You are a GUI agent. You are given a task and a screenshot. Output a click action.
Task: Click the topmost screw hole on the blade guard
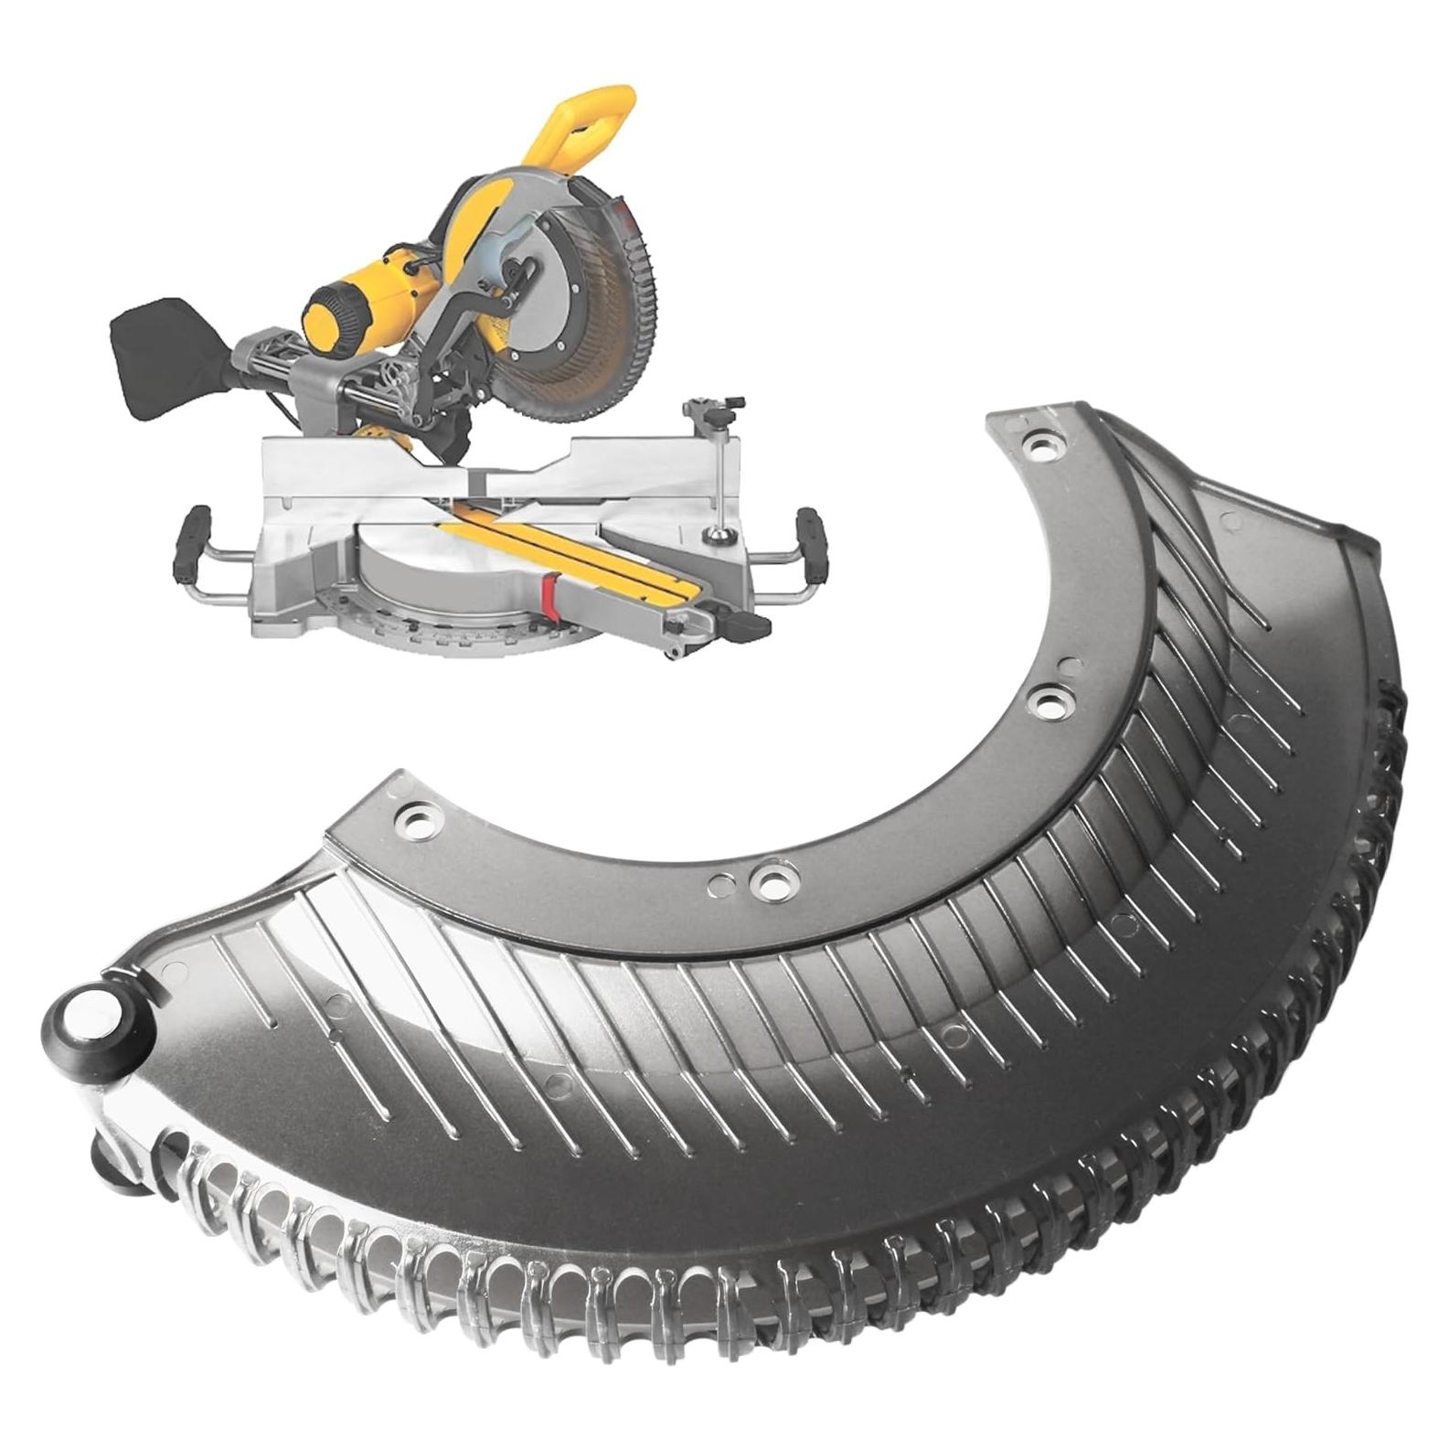(1040, 448)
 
